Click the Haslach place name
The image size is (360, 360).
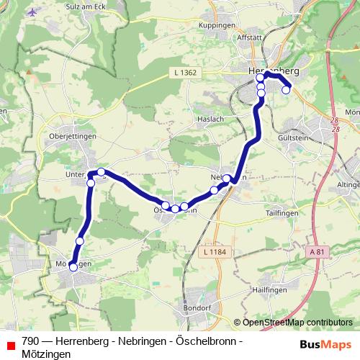pyautogui.click(x=210, y=118)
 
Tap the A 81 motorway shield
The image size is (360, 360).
pyautogui.click(x=318, y=251)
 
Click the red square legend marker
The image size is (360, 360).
pyautogui.click(x=10, y=346)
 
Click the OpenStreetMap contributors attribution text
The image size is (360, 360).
pyautogui.click(x=297, y=323)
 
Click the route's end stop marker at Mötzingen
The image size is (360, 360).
pyautogui.click(x=73, y=267)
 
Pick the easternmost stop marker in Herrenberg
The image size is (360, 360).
pyautogui.click(x=286, y=89)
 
